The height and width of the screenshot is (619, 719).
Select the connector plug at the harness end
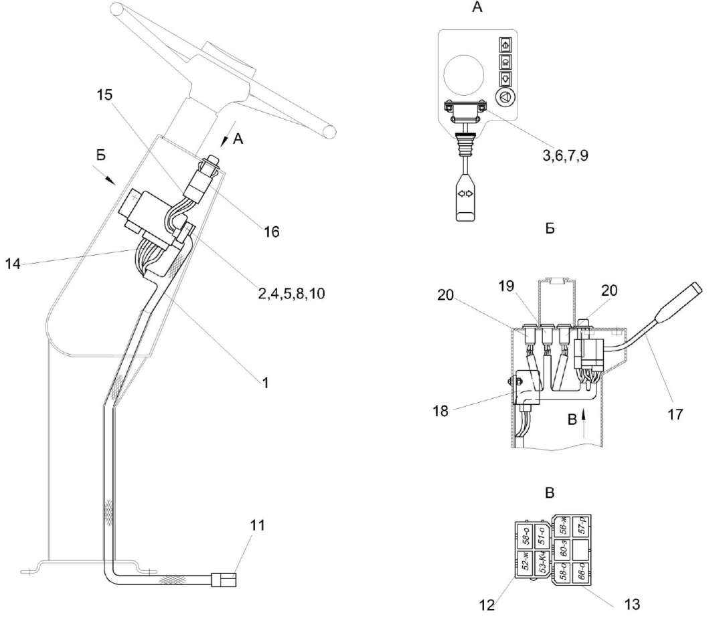223,580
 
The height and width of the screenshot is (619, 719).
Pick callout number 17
675,414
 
